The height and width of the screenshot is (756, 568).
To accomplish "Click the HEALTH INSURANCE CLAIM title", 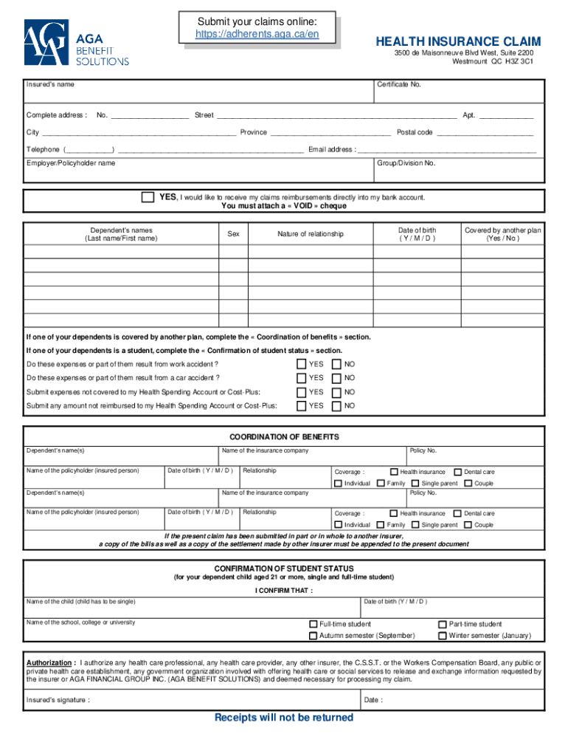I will pyautogui.click(x=458, y=41).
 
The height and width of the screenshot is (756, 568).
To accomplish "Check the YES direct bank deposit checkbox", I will pyautogui.click(x=148, y=198).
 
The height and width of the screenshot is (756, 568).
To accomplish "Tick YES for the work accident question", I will pyautogui.click(x=302, y=364).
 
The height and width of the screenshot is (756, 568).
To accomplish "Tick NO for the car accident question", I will pyautogui.click(x=337, y=378).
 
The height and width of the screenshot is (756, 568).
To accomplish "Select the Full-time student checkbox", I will pyautogui.click(x=314, y=624).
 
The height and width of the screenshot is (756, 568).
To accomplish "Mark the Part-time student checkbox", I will pyautogui.click(x=443, y=624).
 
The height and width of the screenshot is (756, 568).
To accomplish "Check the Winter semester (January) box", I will pyautogui.click(x=443, y=636).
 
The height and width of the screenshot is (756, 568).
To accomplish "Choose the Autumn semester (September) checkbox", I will pyautogui.click(x=314, y=636).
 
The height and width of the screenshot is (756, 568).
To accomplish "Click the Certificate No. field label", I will pyautogui.click(x=398, y=85).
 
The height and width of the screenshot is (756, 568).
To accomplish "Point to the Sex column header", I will pyautogui.click(x=233, y=234).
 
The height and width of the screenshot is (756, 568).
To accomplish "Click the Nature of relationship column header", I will pyautogui.click(x=311, y=234).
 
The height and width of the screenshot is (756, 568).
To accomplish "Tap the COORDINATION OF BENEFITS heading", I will pyautogui.click(x=284, y=437).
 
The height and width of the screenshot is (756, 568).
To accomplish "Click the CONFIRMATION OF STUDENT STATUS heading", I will pyautogui.click(x=284, y=568).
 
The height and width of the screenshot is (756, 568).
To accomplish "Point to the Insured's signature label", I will pyautogui.click(x=58, y=700).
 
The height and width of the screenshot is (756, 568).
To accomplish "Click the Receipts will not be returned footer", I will pyautogui.click(x=284, y=718).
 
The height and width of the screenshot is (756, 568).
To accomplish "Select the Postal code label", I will pyautogui.click(x=415, y=132).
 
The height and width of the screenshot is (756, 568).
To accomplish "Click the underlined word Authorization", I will pyautogui.click(x=50, y=663).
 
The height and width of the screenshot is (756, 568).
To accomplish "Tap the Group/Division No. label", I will pyautogui.click(x=406, y=163).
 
